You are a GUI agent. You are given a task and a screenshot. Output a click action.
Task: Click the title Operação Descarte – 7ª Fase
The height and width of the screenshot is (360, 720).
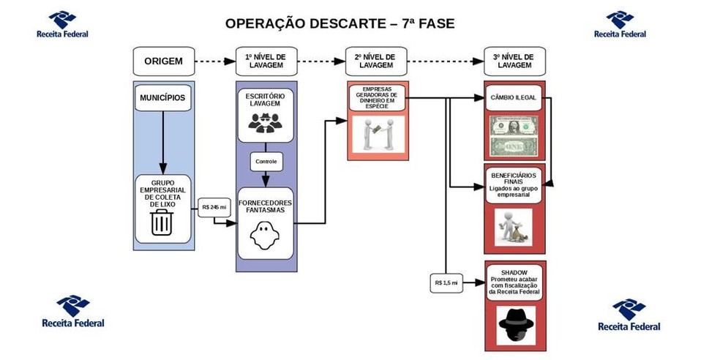tap(340, 23)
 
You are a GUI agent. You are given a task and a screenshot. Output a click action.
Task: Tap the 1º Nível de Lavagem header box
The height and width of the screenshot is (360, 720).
tap(266, 61)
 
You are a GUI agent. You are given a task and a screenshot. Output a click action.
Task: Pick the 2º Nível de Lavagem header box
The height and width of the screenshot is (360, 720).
tap(375, 61)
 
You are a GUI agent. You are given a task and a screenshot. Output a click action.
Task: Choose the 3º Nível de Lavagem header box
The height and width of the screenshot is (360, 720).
tap(514, 61)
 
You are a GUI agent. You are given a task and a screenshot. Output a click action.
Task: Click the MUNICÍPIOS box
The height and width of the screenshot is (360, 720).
tap(162, 98)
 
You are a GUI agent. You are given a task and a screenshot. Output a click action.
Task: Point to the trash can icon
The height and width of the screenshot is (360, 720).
tap(162, 222)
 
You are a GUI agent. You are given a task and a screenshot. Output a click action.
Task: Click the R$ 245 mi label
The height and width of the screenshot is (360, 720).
tap(214, 207)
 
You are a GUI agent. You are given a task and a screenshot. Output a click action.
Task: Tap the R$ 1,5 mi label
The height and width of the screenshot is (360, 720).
tap(446, 282)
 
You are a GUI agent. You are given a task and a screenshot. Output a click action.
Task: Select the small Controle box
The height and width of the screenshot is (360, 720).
tap(266, 161)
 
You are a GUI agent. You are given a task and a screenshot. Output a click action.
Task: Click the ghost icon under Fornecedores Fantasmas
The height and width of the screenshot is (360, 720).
tap(265, 236)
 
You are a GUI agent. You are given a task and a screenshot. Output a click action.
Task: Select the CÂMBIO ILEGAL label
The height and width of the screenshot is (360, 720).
tap(514, 97)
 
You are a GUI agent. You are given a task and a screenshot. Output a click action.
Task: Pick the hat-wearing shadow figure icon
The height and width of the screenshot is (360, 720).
tap(515, 323)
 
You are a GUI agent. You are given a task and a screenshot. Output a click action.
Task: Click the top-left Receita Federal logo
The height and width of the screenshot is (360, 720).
tap(62, 24)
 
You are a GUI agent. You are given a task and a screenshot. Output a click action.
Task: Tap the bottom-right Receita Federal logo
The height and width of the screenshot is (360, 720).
tap(629, 315)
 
